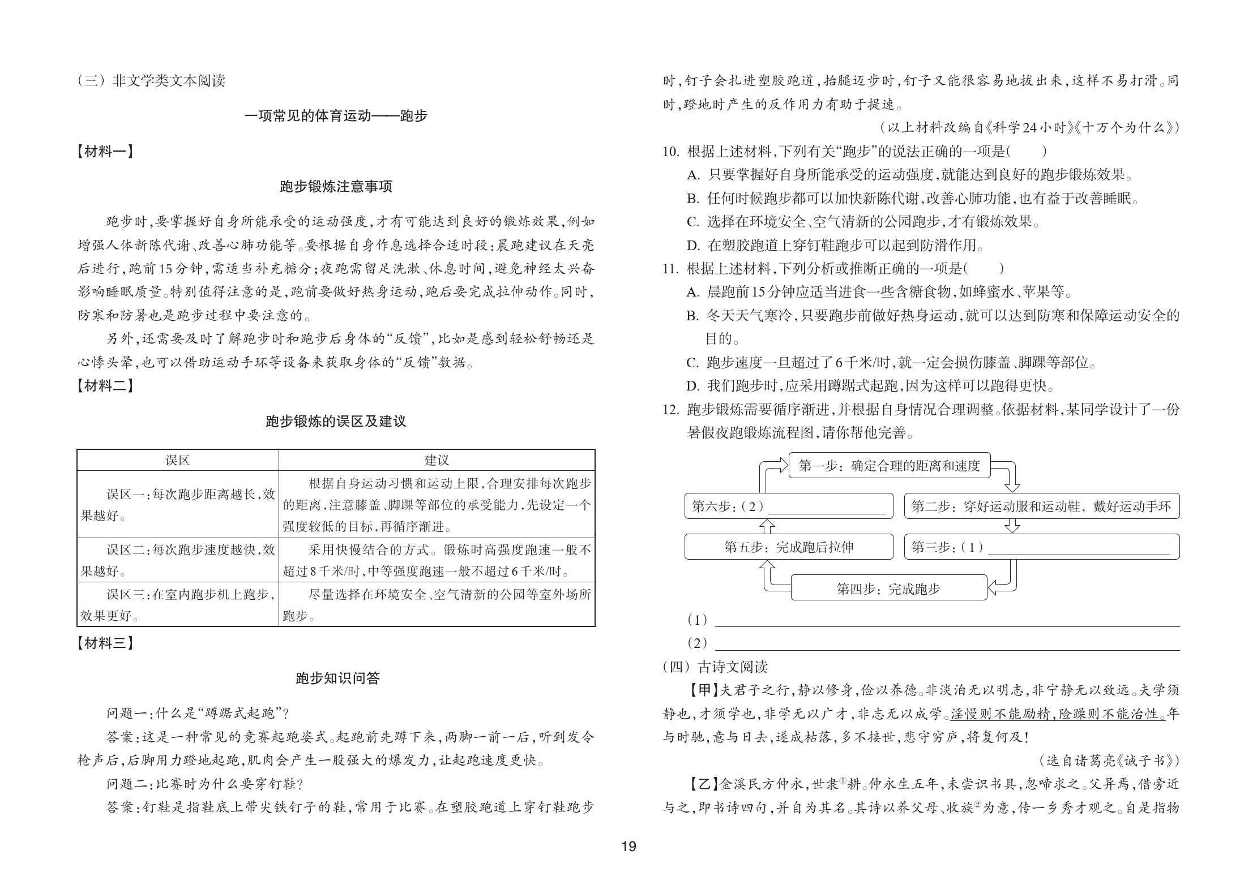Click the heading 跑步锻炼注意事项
336,187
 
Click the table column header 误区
177,461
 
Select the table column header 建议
437,461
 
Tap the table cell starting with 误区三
177,604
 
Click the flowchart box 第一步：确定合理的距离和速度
889,466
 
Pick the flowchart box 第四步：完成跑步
888,589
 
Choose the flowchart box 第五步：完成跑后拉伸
788,547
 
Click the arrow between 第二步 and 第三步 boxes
1012,526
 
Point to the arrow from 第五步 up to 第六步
766,526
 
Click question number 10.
670,152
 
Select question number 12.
670,410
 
